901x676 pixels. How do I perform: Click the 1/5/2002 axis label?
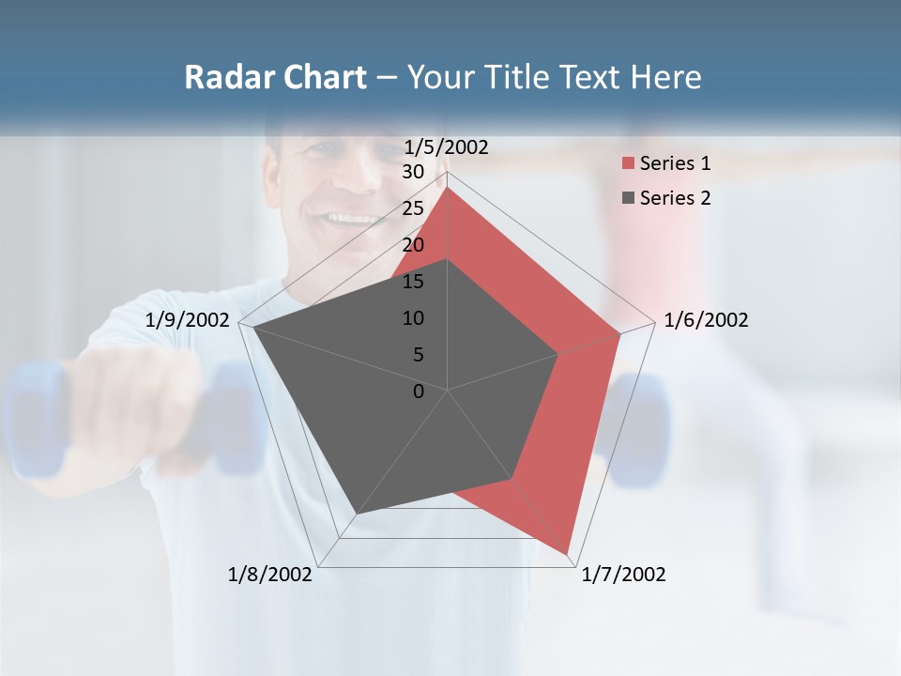[x=447, y=147]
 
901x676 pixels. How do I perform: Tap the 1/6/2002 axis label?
[x=706, y=320]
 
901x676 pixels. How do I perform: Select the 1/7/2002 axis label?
[x=623, y=575]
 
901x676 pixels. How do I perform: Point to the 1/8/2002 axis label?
[x=270, y=575]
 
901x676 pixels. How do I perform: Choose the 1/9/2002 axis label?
[x=188, y=320]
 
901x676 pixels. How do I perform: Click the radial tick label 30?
[x=413, y=172]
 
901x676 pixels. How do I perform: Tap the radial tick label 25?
[x=413, y=208]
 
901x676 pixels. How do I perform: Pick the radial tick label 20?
[x=413, y=245]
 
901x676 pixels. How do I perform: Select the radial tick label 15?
[x=413, y=282]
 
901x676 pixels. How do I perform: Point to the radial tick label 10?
[x=413, y=318]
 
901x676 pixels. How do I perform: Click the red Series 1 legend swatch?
[x=628, y=163]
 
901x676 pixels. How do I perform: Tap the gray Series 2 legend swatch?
[x=628, y=198]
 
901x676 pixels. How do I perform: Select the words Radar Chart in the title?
[x=275, y=77]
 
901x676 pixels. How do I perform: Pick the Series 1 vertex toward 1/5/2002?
[x=448, y=187]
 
